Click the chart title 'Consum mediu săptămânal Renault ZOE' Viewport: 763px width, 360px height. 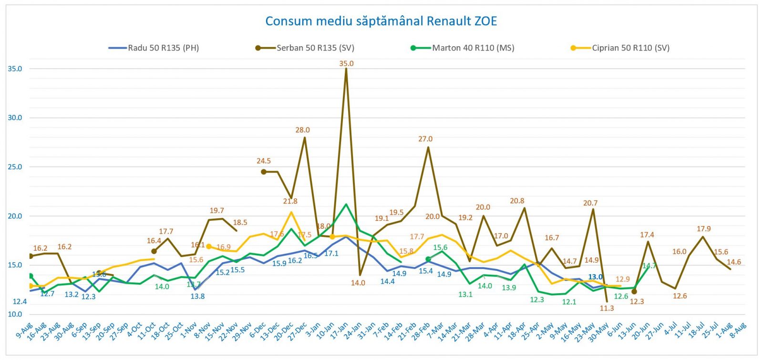coord(381,21)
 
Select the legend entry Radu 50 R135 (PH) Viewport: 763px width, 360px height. coord(163,48)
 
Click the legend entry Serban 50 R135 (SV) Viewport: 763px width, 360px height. coord(315,48)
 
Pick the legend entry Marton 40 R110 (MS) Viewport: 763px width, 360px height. coord(473,48)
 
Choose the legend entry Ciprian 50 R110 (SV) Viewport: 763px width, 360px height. coord(630,48)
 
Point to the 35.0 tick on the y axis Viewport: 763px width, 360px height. coord(15,69)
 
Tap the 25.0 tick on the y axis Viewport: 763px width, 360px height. coord(15,167)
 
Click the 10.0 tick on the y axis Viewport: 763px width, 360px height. coord(15,314)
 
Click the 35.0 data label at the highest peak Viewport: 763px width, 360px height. coord(347,63)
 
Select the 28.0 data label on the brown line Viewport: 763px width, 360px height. coord(303,130)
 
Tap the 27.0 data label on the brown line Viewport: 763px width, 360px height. coord(425,139)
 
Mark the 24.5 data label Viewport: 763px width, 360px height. coord(264,161)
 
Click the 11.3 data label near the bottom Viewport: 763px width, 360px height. coord(607,309)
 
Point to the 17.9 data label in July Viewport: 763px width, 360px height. coord(704,229)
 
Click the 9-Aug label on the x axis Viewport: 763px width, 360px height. coord(24,330)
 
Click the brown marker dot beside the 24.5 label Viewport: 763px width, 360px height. coord(264,172)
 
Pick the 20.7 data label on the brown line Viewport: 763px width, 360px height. coord(590,203)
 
